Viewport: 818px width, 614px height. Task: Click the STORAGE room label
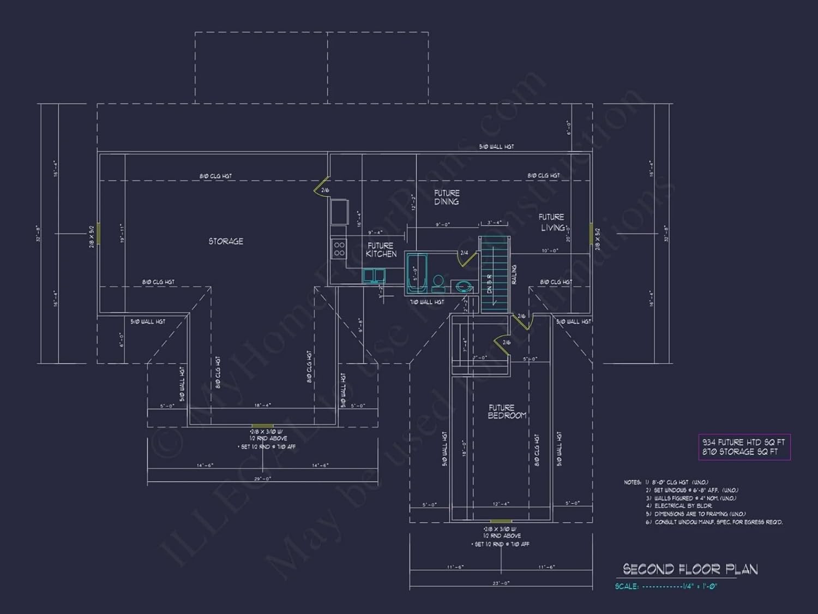[226, 241]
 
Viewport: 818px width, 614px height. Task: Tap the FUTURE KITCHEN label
[381, 250]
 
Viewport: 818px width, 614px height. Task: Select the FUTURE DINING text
[447, 198]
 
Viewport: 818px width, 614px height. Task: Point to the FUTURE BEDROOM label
[507, 412]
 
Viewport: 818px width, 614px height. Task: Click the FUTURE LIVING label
[552, 223]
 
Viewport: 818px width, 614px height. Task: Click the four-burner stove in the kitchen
[339, 249]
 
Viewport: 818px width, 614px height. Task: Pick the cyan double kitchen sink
[374, 276]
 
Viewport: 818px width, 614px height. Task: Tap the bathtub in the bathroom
[417, 272]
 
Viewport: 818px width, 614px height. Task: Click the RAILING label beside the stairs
[514, 275]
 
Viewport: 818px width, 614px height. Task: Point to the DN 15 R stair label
[489, 283]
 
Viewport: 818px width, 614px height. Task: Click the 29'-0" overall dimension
[262, 479]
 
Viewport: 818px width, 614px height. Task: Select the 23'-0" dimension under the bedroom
[501, 583]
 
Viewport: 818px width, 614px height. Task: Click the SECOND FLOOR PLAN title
[690, 570]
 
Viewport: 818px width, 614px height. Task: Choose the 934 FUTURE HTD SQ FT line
[743, 442]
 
